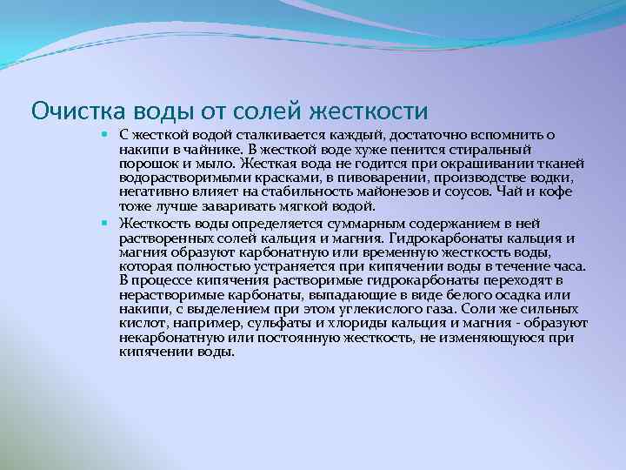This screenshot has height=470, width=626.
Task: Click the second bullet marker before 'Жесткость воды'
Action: tap(103, 224)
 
